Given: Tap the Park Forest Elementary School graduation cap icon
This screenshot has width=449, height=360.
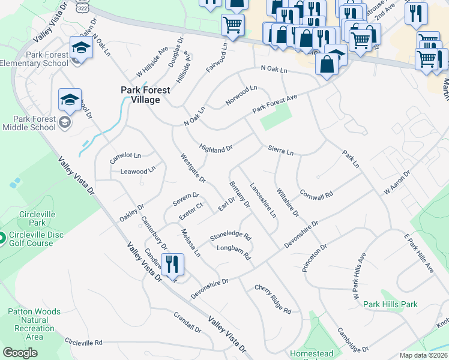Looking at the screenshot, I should pos(80,47).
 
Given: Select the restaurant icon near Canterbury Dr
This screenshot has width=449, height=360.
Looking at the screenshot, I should pos(172,263).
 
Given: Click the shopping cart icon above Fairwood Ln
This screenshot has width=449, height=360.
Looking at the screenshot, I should pos(232,25).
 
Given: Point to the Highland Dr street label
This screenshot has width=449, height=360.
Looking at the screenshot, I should pos(215,148).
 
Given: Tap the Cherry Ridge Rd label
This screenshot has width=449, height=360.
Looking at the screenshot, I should pos(273,299).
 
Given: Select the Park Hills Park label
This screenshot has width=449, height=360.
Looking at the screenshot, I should pos(390,304).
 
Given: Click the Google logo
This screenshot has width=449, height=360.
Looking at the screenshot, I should pos(20,353).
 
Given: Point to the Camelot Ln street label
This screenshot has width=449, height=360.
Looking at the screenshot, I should pos(125,158).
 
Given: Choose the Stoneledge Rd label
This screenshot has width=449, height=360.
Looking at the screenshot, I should pos(229,233).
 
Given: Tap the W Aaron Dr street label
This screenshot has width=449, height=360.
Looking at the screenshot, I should pos(397,182).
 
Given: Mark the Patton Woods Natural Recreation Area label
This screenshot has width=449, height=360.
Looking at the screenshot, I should pos(34,324).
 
